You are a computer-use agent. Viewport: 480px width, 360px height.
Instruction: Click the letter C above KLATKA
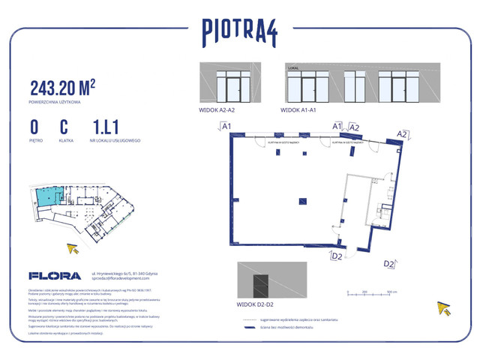(64, 126)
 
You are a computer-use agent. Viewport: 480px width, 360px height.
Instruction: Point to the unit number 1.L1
(107, 126)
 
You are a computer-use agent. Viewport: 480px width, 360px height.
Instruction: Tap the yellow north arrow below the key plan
(73, 250)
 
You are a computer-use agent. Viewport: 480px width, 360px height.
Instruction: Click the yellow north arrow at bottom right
(445, 308)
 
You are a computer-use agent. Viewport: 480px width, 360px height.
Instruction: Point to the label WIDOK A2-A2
(217, 110)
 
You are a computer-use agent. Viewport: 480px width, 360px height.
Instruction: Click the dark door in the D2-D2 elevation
(260, 286)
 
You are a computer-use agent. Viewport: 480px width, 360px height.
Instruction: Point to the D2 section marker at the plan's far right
(389, 264)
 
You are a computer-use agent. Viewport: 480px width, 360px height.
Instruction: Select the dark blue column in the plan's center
(301, 199)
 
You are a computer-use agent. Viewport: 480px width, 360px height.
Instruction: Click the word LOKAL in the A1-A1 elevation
(293, 67)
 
